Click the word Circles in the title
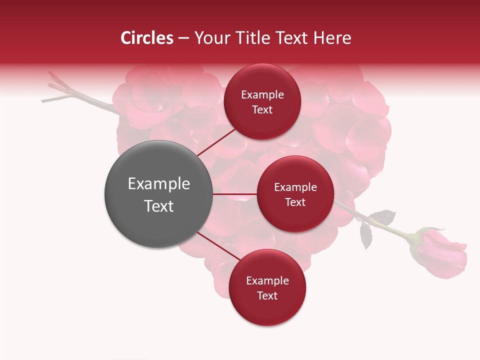click(147, 38)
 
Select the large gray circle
click(158, 194)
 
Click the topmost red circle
click(262, 101)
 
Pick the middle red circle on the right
click(295, 194)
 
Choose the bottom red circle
click(267, 287)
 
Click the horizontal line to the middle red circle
click(234, 194)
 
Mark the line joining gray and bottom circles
click(219, 247)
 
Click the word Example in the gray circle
click(158, 184)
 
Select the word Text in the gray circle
click(158, 206)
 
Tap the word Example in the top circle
click(262, 94)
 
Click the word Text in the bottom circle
click(267, 295)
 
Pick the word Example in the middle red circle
click(295, 187)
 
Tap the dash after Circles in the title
click(183, 38)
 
